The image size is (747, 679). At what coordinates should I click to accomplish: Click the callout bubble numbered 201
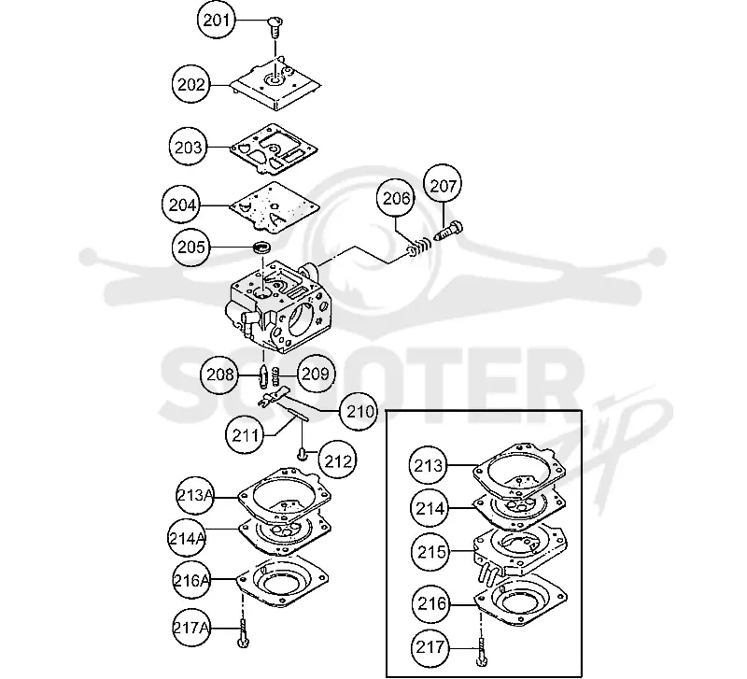coord(217,21)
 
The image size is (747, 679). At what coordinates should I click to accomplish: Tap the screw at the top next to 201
coord(275,27)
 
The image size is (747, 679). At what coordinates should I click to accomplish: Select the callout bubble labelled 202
coord(191,85)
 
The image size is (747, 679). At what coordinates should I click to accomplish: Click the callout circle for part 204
coord(182,205)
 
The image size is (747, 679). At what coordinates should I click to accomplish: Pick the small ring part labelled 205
coord(261,248)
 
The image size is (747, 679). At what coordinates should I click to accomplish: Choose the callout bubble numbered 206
coord(396,198)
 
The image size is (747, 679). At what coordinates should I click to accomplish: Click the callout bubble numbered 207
coord(443,185)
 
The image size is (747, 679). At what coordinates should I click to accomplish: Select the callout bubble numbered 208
coord(219,374)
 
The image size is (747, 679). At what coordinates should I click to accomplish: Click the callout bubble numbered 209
coord(316,373)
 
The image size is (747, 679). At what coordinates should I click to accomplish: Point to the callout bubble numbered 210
coord(359,411)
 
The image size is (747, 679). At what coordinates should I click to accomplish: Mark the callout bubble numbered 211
coord(245,434)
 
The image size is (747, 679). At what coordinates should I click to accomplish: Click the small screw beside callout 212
coord(301,456)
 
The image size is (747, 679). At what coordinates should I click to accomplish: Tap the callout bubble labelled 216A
coord(191,580)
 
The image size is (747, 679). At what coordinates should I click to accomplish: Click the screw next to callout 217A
coord(243,634)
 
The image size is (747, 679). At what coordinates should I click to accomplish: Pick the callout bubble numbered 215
coord(431,552)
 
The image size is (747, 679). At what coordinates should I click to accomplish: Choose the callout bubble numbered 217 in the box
coord(430,647)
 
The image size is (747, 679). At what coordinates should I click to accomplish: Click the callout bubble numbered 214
coord(430,509)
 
